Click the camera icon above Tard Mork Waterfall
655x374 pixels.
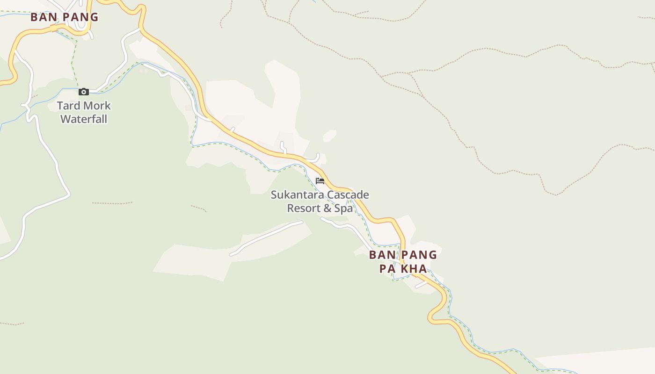[84, 92]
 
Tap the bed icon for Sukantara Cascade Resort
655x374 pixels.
[320, 181]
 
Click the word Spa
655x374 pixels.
[343, 208]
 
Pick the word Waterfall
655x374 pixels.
[84, 119]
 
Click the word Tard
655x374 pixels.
[68, 106]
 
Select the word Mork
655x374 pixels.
[97, 106]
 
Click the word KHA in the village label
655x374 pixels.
[416, 269]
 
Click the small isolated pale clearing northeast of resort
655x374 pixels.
[329, 136]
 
